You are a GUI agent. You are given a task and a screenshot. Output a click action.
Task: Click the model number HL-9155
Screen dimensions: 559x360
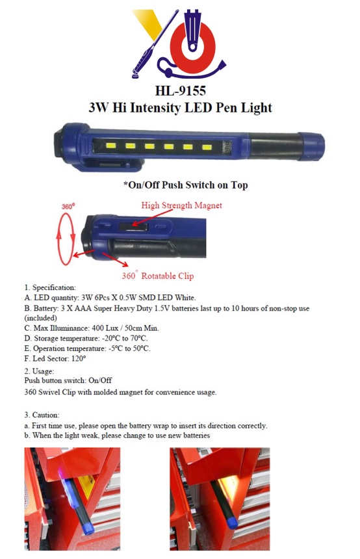coord(180,90)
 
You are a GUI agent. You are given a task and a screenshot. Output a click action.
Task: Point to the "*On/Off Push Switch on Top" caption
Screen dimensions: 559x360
coord(185,185)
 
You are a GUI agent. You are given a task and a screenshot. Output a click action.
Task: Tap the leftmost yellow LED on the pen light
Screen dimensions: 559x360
coord(111,146)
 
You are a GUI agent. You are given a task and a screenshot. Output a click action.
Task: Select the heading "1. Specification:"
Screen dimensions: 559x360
coord(50,287)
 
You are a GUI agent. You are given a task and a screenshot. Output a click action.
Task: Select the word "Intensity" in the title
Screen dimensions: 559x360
coord(166,107)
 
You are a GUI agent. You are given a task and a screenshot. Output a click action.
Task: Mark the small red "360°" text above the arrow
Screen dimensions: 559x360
coord(68,206)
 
